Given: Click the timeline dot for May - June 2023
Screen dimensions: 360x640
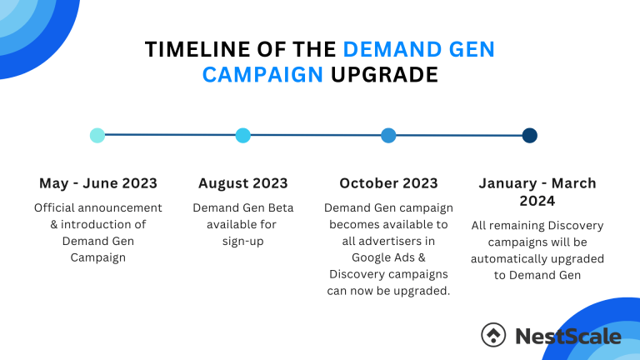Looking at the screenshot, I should (97, 135).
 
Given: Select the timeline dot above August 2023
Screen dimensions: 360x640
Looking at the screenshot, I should (243, 135).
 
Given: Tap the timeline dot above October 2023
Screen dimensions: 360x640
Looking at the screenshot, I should (388, 135).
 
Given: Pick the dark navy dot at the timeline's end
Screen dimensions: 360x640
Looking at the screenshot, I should (529, 135).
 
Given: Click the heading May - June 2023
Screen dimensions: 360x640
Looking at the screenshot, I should (98, 183).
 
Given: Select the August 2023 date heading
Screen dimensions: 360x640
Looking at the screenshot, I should (243, 183).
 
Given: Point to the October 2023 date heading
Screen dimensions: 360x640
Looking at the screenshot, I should (388, 183).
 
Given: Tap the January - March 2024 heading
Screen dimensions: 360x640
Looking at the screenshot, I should (537, 192).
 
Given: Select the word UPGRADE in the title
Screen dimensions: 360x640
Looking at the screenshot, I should (384, 75).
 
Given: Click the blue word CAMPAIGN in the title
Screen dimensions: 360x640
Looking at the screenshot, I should (263, 75).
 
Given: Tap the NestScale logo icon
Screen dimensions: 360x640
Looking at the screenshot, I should (493, 335).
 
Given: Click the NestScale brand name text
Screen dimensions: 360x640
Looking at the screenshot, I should (568, 336).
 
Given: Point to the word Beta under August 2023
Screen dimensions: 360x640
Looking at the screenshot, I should (278, 207).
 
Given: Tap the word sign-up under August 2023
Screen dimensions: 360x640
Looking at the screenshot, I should (243, 241).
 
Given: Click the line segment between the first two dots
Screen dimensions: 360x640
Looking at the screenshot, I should (170, 135).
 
